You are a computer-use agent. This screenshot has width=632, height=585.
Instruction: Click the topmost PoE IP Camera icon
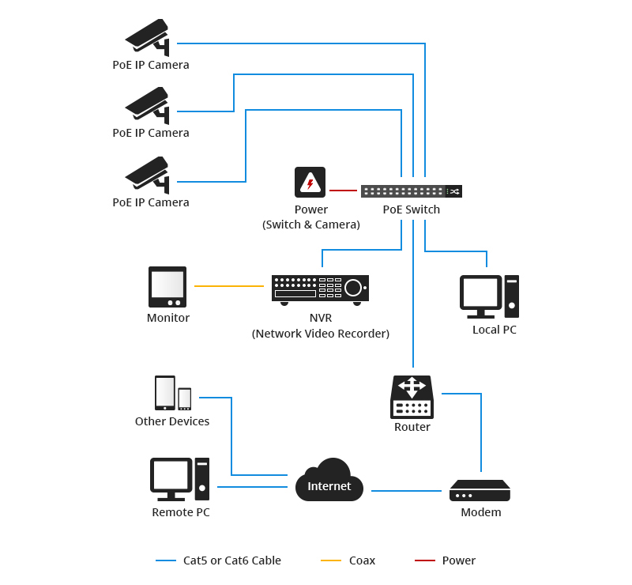[x=148, y=37]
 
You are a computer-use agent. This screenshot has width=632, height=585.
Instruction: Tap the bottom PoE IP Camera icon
[x=148, y=175]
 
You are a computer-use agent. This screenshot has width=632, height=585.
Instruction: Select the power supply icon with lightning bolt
[x=310, y=182]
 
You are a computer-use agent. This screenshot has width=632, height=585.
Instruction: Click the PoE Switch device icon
[x=411, y=191]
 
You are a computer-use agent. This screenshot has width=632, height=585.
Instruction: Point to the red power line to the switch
[x=343, y=191]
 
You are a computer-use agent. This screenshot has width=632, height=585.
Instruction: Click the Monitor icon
[x=167, y=286]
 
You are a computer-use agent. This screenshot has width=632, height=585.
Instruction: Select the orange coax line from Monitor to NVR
[x=228, y=285]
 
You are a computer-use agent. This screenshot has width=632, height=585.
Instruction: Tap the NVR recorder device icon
[x=320, y=289]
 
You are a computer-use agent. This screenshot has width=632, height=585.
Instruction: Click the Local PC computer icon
[x=489, y=296]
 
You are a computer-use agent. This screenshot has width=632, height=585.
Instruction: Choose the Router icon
[x=412, y=397]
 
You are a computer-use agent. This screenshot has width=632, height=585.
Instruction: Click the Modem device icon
[x=480, y=490]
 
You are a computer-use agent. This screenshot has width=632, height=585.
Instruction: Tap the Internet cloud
[x=329, y=481]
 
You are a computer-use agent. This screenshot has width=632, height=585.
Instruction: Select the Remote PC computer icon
[x=180, y=479]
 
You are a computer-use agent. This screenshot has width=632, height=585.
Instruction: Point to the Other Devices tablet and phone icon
[x=173, y=393]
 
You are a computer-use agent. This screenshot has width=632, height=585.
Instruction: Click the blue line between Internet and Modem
[x=406, y=491]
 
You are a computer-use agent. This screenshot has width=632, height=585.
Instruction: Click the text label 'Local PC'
[x=495, y=330]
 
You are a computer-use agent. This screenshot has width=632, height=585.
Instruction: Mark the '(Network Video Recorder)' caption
[x=321, y=334]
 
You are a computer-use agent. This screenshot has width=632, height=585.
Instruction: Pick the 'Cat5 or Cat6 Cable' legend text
[x=232, y=560]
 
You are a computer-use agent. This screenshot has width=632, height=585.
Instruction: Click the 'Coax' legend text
[x=362, y=560]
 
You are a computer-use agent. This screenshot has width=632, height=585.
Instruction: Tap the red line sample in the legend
[x=425, y=560]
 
